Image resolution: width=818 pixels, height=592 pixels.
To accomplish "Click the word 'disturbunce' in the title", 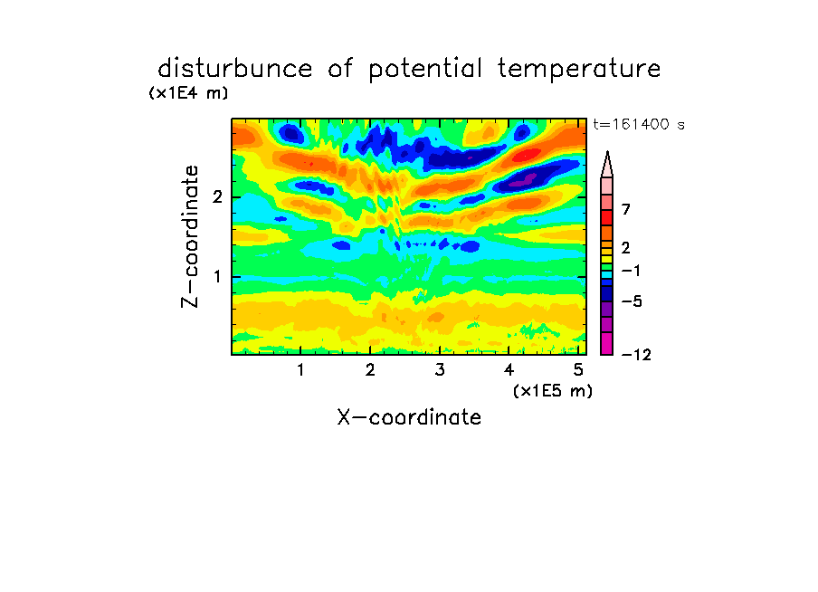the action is pos(234,69).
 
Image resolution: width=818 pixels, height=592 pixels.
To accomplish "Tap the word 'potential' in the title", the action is pos(425,70).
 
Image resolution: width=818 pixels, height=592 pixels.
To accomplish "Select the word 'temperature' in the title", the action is pos(579,70).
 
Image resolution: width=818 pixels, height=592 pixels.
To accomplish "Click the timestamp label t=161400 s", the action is pos(639,124).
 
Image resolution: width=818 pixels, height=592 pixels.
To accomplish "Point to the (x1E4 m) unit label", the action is pos(188,93).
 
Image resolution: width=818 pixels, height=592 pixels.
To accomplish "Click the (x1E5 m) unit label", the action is pos(553,390).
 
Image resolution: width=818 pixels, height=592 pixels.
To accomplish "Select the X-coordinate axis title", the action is pos(409,417).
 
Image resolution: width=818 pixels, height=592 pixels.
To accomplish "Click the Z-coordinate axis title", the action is pos(190,236).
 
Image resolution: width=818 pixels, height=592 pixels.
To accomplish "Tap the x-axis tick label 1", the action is pos(301,370).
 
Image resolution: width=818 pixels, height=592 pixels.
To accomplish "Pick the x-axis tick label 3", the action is pos(440,370).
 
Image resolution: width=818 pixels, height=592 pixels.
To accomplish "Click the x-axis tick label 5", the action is pos(578,370).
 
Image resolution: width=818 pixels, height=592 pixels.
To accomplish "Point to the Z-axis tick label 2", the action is pos(217,197).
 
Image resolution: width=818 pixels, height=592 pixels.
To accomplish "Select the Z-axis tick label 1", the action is pos(217,277).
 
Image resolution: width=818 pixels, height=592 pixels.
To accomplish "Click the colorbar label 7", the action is pos(626,209).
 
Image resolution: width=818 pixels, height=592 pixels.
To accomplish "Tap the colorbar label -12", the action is pos(636,355).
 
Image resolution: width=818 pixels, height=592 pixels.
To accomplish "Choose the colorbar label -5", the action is pos(632,301).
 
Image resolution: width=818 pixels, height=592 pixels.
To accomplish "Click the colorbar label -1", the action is pos(631,271).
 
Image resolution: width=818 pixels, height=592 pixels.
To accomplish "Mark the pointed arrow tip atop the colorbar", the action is pos(607,152).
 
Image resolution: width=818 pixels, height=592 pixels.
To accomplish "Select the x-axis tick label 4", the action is pos(509,370).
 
